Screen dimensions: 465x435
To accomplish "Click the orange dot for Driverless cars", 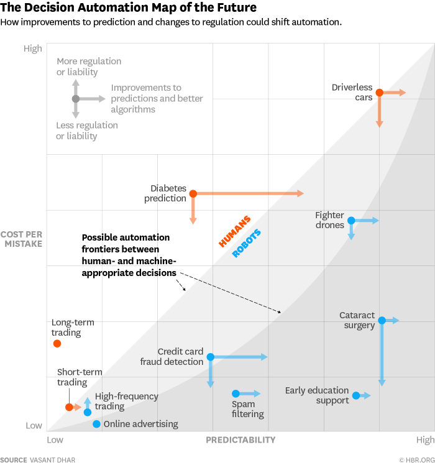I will coord(379,93).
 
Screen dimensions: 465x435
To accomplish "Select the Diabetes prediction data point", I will coord(193,194).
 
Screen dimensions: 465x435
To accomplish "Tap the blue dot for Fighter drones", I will coord(351,220).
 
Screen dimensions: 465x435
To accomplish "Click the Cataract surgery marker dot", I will coord(382,320).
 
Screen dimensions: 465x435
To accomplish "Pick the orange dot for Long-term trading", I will coord(57,343).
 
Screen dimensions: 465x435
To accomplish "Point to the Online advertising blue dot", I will coord(96,424).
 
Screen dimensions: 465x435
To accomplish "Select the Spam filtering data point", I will coord(236,394).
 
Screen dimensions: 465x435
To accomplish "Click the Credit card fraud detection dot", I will coord(211,357).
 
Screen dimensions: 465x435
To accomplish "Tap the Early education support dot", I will coord(356,395).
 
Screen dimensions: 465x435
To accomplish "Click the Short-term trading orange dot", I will coord(69,407).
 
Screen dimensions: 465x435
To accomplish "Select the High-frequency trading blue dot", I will coord(88,412).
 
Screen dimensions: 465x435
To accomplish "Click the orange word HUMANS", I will coord(235,231).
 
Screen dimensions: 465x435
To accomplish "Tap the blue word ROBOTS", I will coord(247,244).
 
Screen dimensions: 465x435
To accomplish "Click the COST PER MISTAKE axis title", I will coord(21,239).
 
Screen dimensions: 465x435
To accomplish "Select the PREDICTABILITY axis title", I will coord(240,440).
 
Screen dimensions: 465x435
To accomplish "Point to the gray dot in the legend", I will coord(76,99).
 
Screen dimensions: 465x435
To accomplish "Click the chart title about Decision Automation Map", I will coord(127,7).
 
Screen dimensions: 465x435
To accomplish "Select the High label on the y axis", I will coord(33,48).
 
